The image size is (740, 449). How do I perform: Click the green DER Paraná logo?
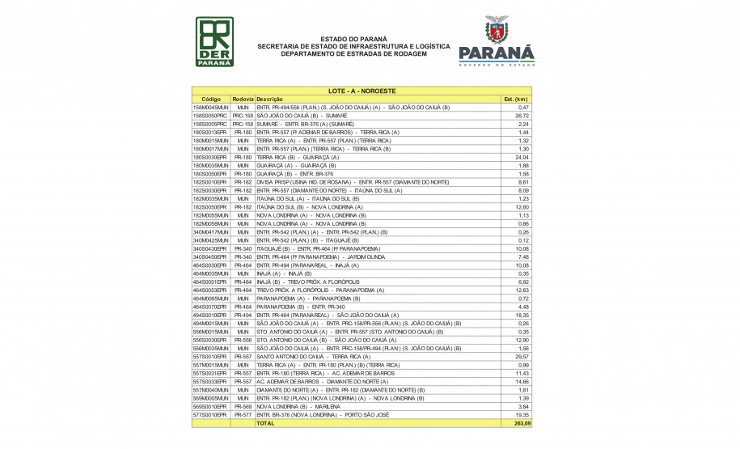(x=214, y=42)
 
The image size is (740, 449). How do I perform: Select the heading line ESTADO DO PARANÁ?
(x=353, y=39)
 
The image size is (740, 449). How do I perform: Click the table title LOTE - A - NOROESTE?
(x=362, y=91)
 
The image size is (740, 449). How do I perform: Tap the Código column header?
(x=211, y=99)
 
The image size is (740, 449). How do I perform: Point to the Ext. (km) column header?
(x=516, y=99)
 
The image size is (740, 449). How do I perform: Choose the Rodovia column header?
(x=243, y=99)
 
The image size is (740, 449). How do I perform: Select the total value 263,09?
(x=522, y=423)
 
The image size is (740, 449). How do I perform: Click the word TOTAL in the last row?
(x=266, y=423)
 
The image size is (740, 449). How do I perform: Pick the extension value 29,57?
(x=522, y=356)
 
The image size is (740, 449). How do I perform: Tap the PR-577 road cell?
(x=243, y=414)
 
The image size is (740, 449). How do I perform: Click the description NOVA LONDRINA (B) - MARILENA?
(x=303, y=406)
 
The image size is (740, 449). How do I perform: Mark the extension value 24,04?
(x=522, y=157)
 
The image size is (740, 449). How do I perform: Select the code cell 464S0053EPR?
(x=210, y=290)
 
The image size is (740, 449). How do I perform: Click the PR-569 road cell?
(x=243, y=406)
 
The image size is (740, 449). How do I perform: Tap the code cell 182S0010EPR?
(x=210, y=182)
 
